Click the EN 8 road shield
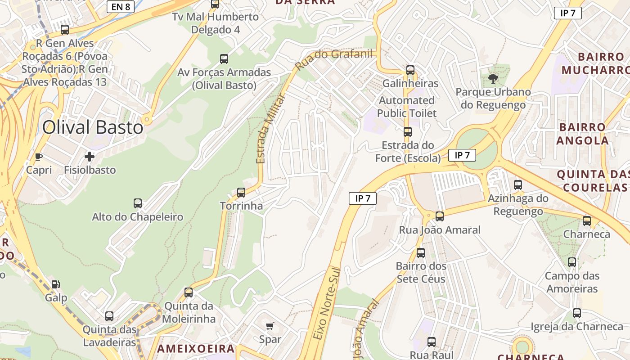click(120, 6)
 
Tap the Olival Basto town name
click(93, 127)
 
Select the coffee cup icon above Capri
click(39, 157)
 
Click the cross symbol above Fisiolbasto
click(90, 157)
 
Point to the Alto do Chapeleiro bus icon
click(138, 203)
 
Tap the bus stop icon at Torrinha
click(241, 193)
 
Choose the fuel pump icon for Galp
click(56, 284)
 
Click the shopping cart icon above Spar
click(270, 326)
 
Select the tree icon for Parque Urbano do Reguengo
click(493, 79)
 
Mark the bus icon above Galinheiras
click(410, 70)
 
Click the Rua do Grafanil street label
click(334, 59)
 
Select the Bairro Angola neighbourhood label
click(582, 134)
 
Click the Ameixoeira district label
click(196, 348)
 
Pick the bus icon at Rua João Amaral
click(440, 216)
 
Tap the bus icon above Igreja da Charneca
click(577, 313)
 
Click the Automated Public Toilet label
click(407, 107)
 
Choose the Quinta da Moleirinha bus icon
click(189, 292)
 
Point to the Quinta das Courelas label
click(593, 180)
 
